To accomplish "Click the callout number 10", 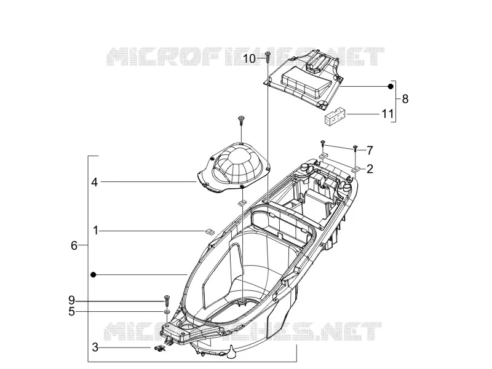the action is (x=250, y=58).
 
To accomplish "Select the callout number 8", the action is (x=405, y=99).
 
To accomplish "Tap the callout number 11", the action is (x=387, y=114).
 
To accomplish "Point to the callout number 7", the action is (x=370, y=151).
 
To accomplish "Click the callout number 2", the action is (x=370, y=169).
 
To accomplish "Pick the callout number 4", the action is (x=95, y=182).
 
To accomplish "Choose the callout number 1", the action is (x=96, y=231).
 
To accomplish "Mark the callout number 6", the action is (x=74, y=245).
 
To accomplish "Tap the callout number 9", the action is (x=72, y=301).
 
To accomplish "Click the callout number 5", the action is (x=72, y=312).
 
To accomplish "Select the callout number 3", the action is (x=95, y=347).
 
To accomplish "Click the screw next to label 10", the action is (x=268, y=57).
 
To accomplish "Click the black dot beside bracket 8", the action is (x=391, y=87).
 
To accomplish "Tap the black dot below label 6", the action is (x=93, y=274).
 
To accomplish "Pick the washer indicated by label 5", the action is (x=167, y=312).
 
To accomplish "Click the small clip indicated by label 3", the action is (x=160, y=348).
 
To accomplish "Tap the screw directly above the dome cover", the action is (x=241, y=120).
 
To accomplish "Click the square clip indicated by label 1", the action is (x=208, y=232).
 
